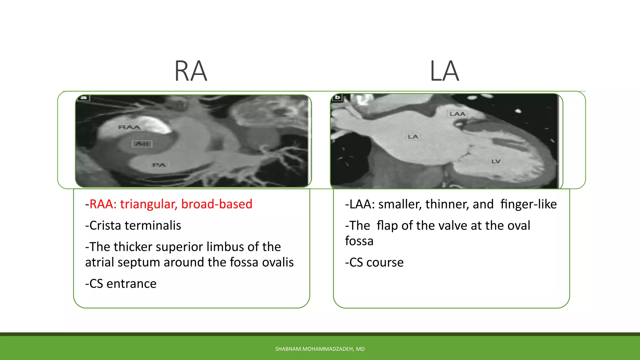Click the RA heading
(191, 71)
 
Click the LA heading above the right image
(444, 71)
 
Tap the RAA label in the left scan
(129, 127)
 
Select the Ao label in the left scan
(142, 144)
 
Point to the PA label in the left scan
(159, 165)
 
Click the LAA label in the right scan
(457, 114)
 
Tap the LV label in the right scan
(496, 161)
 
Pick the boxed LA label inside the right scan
(413, 137)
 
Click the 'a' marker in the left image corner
(83, 98)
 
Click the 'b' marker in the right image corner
(337, 97)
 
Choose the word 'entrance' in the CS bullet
(131, 284)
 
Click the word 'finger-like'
(528, 204)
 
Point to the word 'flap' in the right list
(387, 226)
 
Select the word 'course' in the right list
(385, 262)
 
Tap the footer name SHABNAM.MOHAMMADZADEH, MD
(320, 349)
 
